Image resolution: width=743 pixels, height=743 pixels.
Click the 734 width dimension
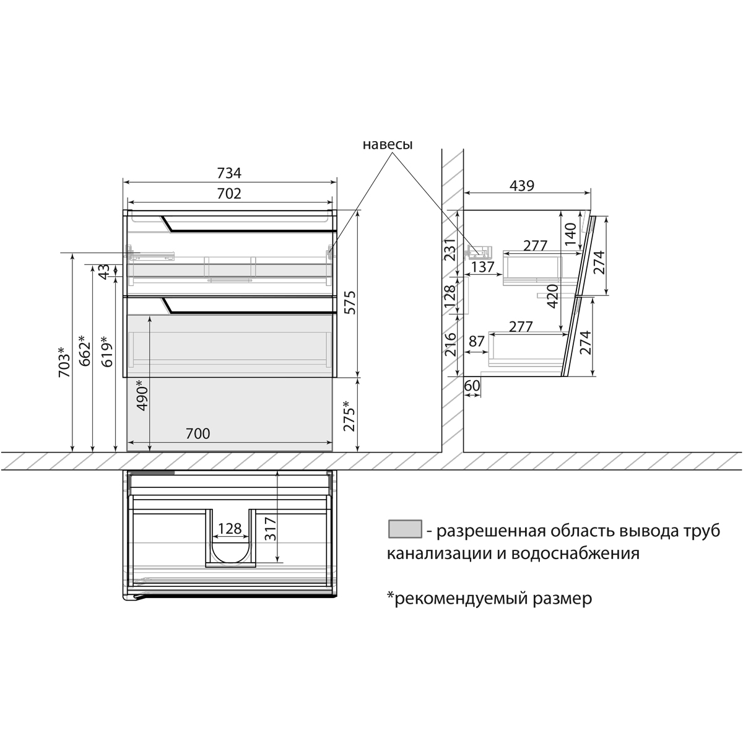(229, 173)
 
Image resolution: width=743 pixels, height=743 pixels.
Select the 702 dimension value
(229, 193)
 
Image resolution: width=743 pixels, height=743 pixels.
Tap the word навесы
(388, 145)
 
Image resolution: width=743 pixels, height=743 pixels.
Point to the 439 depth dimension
(522, 186)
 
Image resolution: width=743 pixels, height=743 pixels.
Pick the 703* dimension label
(64, 362)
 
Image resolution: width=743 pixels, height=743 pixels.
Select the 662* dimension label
(84, 350)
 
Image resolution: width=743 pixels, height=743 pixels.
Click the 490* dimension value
(142, 395)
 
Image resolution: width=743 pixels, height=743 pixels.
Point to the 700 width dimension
(198, 434)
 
